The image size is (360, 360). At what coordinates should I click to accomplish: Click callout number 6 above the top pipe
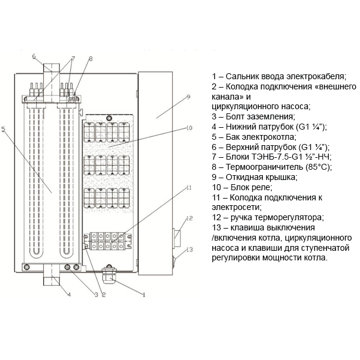tap(34, 56)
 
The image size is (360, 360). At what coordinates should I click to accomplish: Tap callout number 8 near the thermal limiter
tap(91, 59)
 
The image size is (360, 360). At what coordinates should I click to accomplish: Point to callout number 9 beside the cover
tap(188, 97)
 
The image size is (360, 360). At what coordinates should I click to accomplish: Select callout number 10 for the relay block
tap(189, 128)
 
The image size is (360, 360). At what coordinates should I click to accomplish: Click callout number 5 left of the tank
tap(3, 129)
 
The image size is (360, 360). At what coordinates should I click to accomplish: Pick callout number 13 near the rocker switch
tap(190, 250)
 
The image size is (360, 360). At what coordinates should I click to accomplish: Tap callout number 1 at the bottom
tap(144, 295)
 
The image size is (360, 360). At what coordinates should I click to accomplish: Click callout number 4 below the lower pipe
tap(69, 295)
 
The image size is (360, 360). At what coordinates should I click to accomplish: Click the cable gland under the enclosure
tap(109, 275)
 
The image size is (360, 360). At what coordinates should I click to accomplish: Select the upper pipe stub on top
tap(52, 68)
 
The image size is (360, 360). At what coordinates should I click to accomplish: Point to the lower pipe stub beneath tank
tap(52, 278)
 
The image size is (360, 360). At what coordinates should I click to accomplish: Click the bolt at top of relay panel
tap(109, 118)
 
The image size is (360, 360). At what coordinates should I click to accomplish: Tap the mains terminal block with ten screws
tap(107, 241)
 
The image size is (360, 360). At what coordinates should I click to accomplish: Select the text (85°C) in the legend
tap(319, 167)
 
